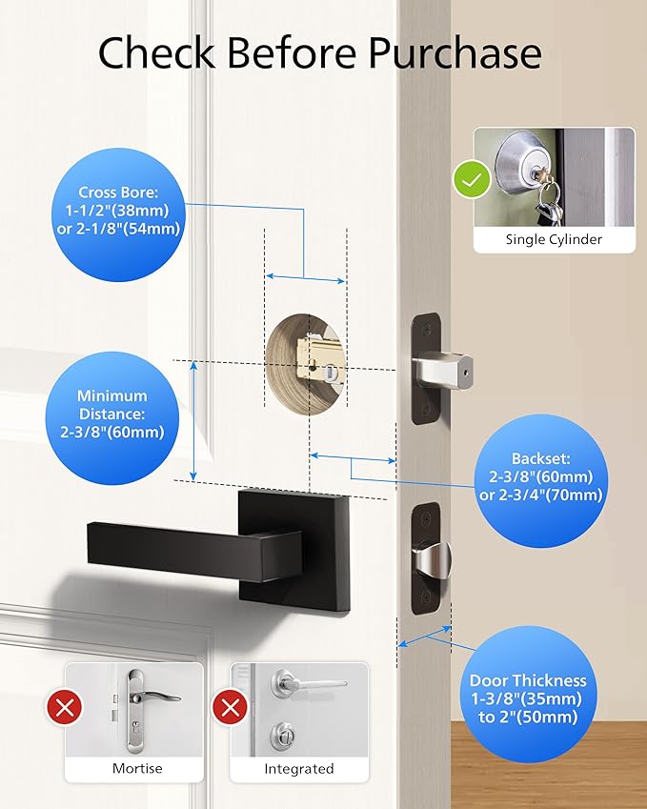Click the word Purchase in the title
[455, 54]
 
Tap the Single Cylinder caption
[554, 240]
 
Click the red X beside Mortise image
[65, 708]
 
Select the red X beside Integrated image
[230, 708]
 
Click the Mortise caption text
[137, 768]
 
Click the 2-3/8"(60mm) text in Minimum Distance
[112, 432]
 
